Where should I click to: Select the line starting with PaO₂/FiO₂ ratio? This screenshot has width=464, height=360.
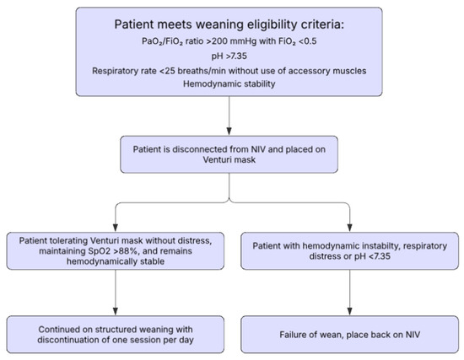pyautogui.click(x=230, y=43)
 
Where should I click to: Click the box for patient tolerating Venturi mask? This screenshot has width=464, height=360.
pyautogui.click(x=116, y=251)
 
